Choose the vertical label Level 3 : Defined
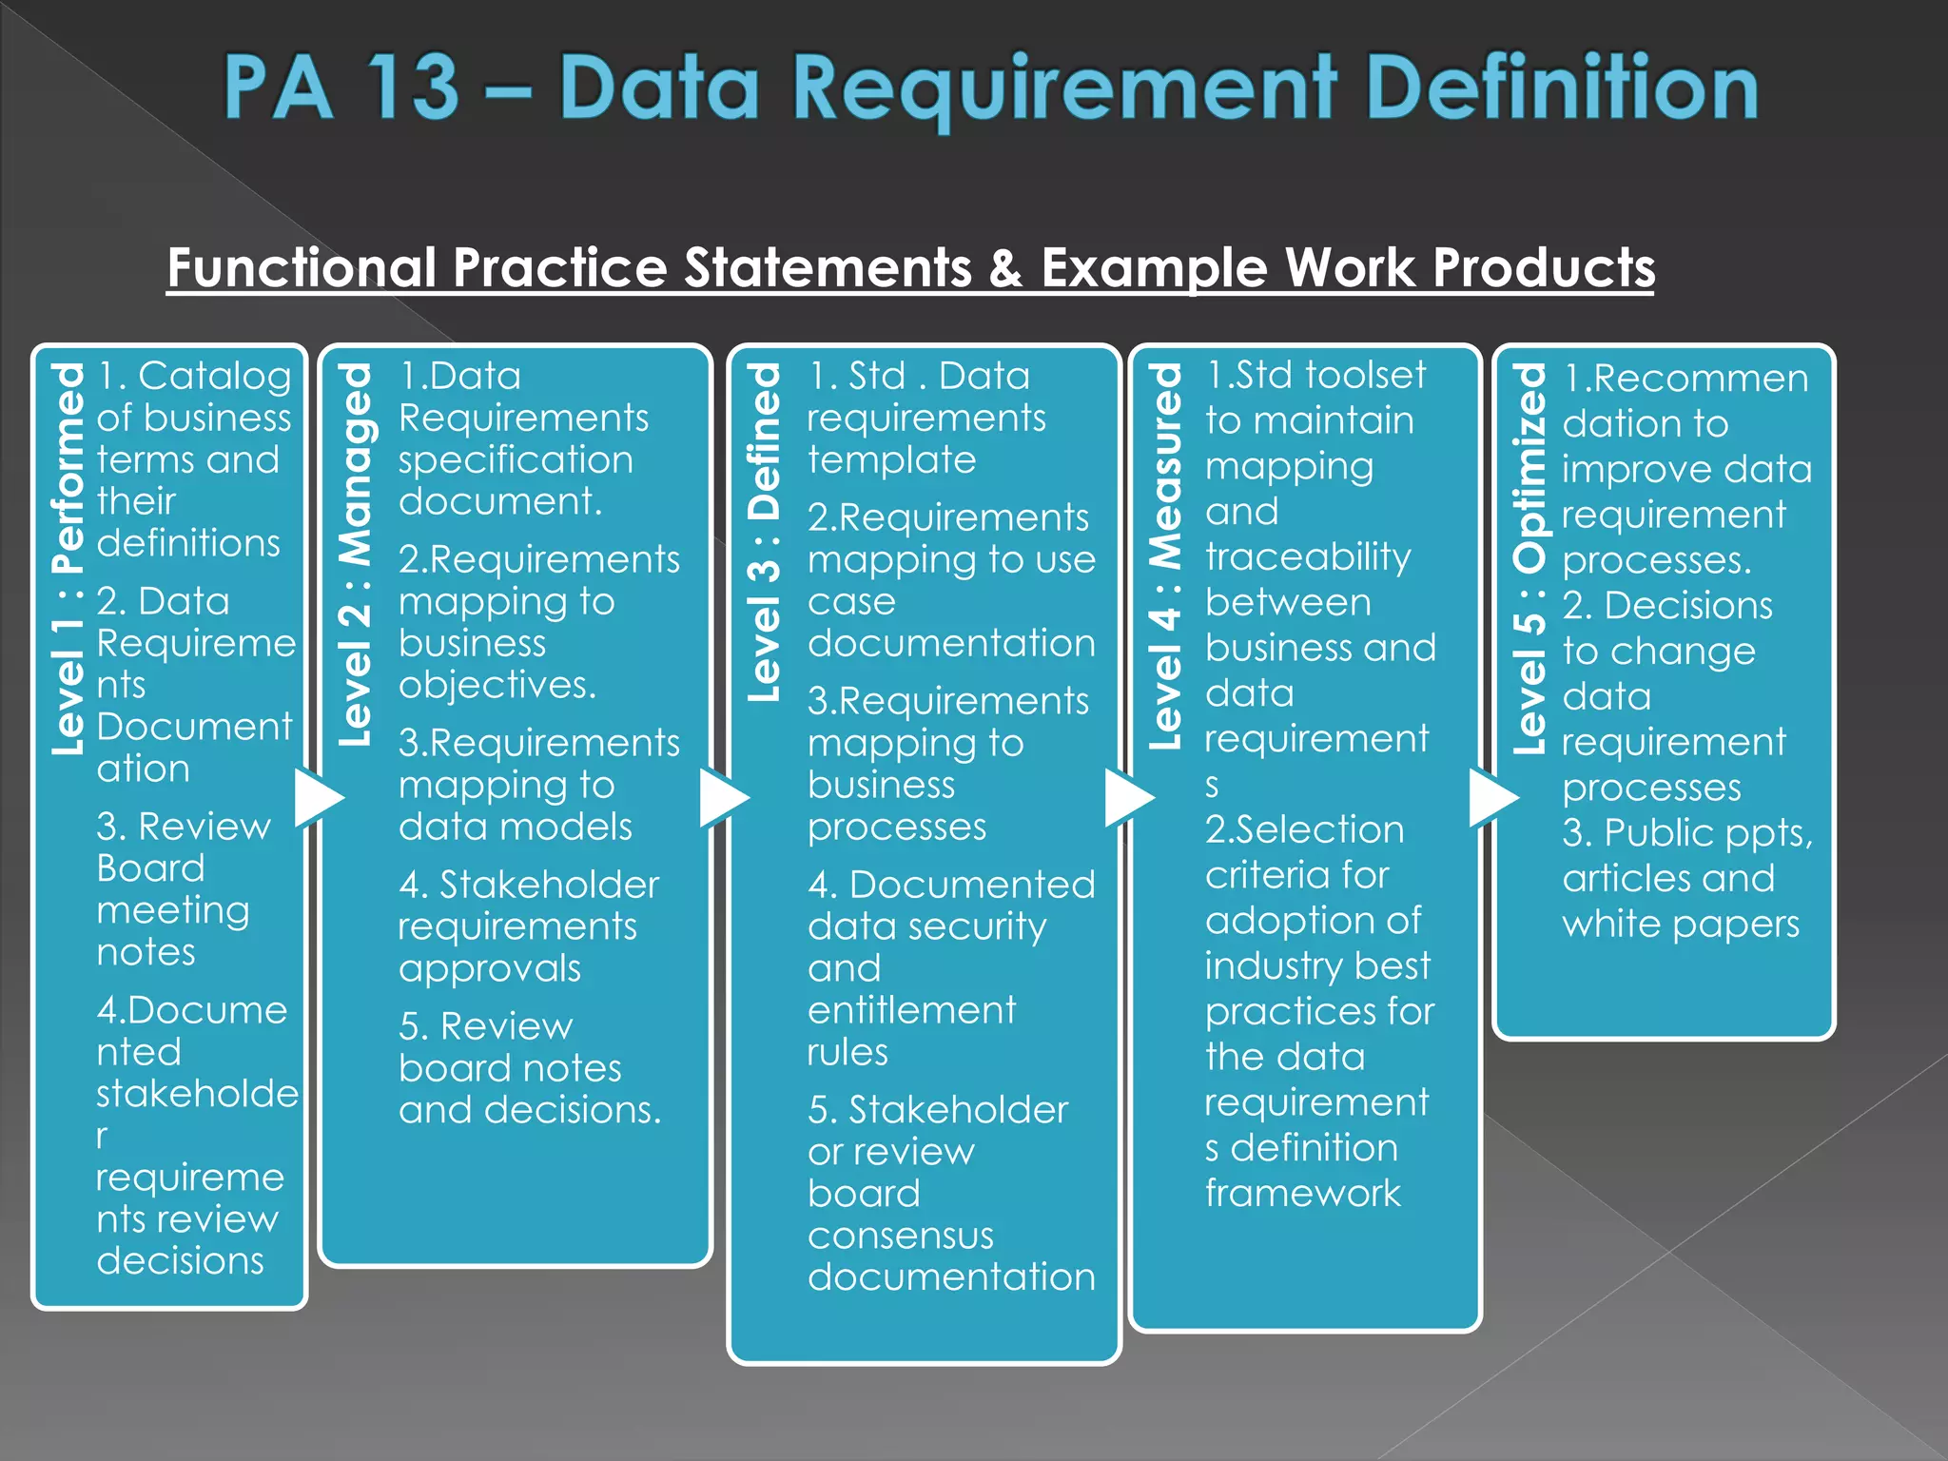point(764,533)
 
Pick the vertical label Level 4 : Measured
point(1165,555)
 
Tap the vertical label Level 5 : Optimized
point(1529,559)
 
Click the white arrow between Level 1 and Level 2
point(317,798)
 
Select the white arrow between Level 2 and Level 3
point(722,798)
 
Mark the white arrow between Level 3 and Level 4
point(1127,798)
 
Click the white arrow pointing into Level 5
point(1491,798)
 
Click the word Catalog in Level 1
point(214,377)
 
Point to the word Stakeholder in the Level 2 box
point(549,886)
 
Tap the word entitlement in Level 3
point(911,1010)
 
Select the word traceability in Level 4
point(1308,557)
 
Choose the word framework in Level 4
point(1302,1193)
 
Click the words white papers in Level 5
point(1681,924)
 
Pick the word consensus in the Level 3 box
point(900,1236)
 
